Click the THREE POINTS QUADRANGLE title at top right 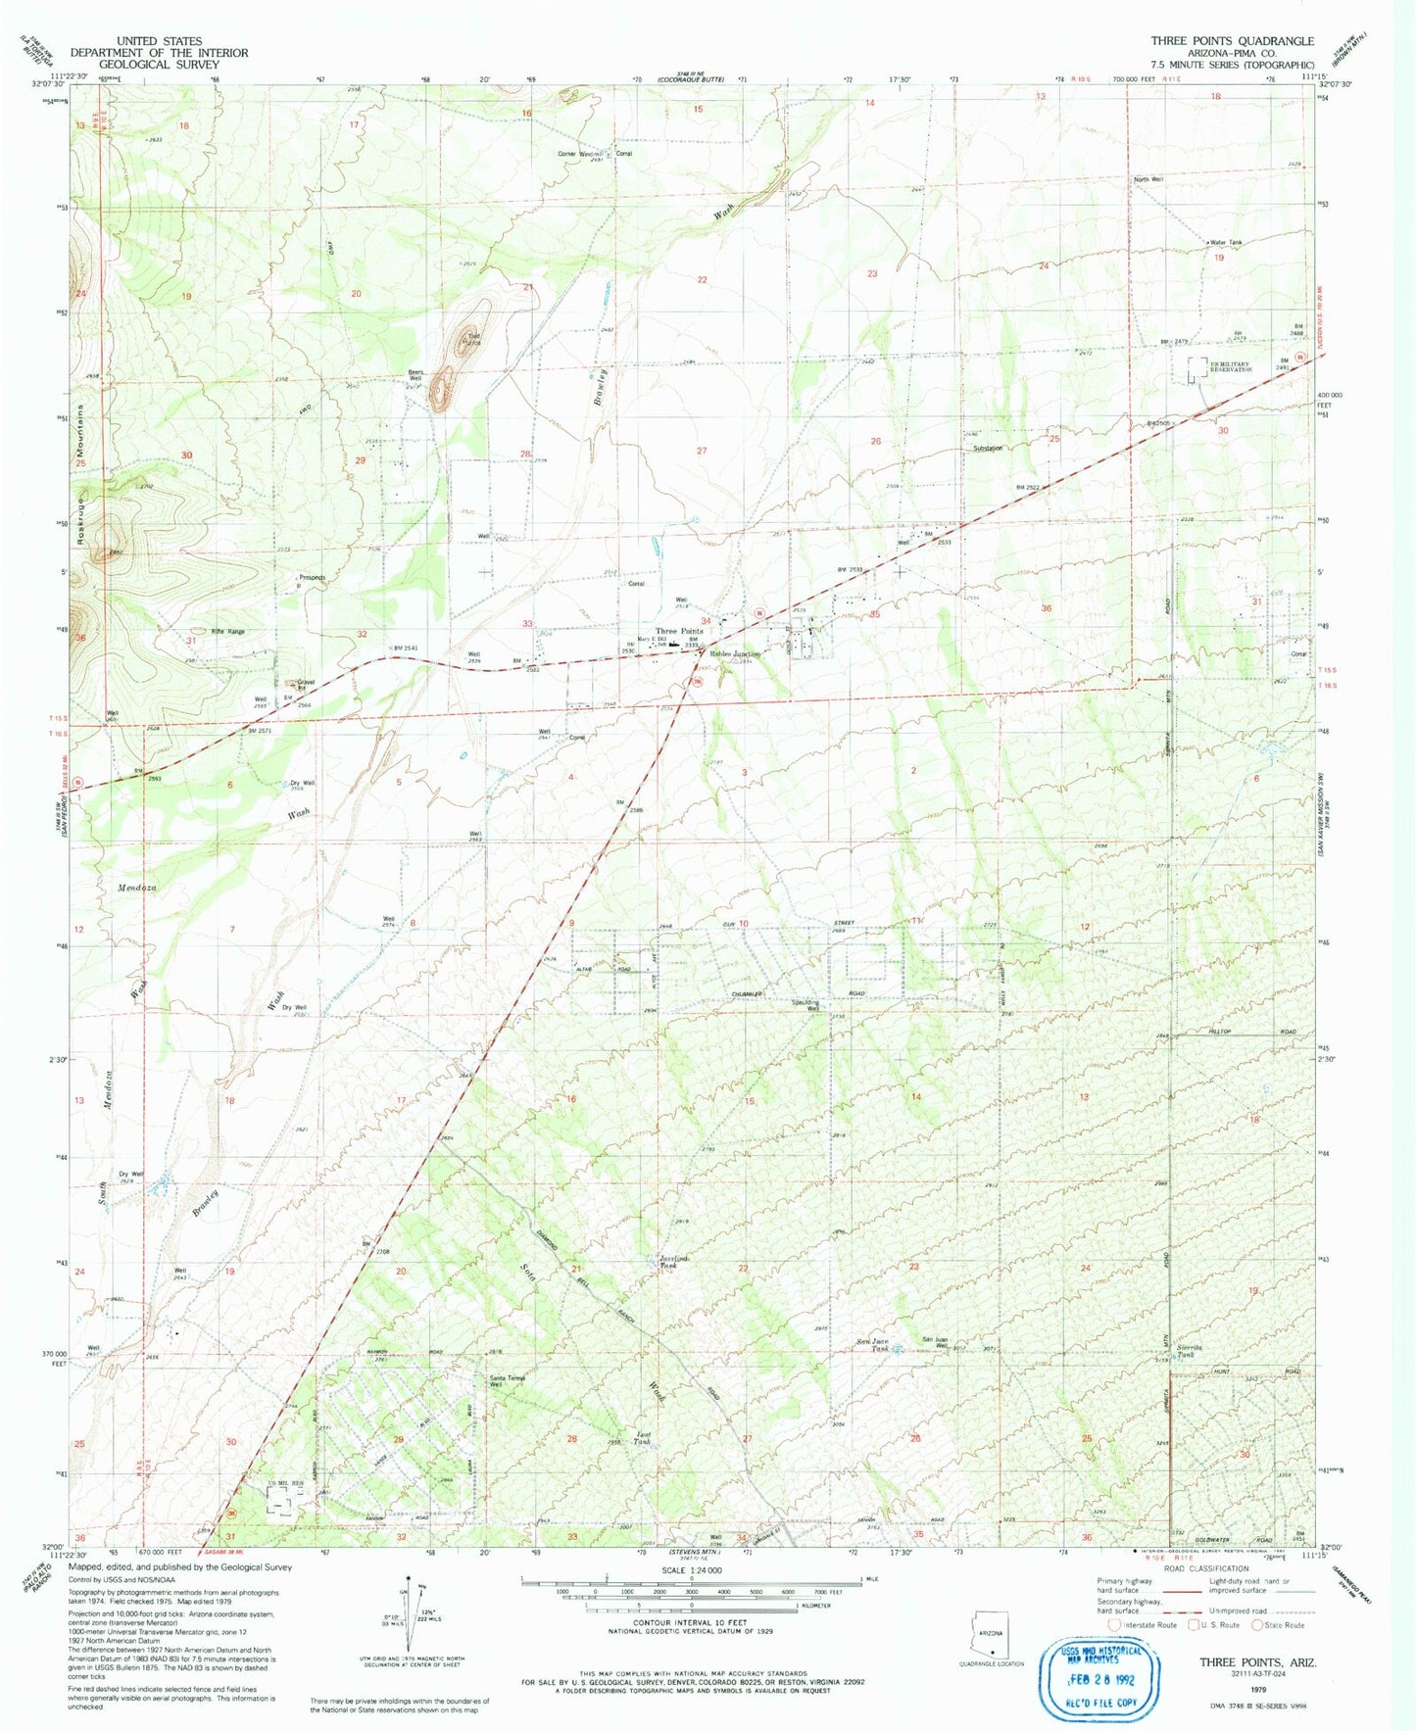pyautogui.click(x=1232, y=41)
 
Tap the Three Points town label pyautogui.click(x=679, y=632)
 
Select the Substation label pyautogui.click(x=987, y=449)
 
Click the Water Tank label pyautogui.click(x=1225, y=243)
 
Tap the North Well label pyautogui.click(x=1148, y=180)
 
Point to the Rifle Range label pyautogui.click(x=227, y=632)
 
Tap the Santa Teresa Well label pyautogui.click(x=509, y=1381)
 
